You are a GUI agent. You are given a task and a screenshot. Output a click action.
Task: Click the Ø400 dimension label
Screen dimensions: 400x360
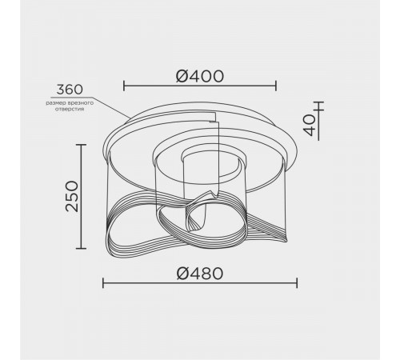click(x=200, y=76)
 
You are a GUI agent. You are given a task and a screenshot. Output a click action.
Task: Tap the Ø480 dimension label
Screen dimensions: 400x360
click(x=200, y=274)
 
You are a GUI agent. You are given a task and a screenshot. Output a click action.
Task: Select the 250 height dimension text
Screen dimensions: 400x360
click(x=72, y=197)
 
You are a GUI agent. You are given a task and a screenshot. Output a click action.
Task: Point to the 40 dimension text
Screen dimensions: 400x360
click(x=310, y=126)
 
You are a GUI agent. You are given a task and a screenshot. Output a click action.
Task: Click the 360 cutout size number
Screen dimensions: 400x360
click(x=70, y=90)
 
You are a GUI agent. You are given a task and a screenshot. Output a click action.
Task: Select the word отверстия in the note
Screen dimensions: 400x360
click(x=70, y=109)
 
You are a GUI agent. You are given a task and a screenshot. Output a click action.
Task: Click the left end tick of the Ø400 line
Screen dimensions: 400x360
click(x=124, y=86)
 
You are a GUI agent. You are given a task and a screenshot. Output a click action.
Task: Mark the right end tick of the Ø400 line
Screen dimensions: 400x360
click(x=276, y=86)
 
